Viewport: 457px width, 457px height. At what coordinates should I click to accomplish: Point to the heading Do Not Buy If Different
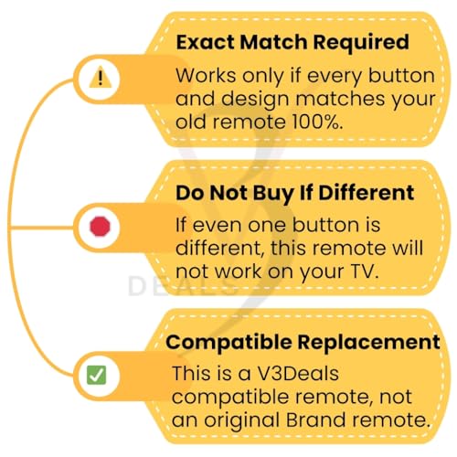click(293, 193)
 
